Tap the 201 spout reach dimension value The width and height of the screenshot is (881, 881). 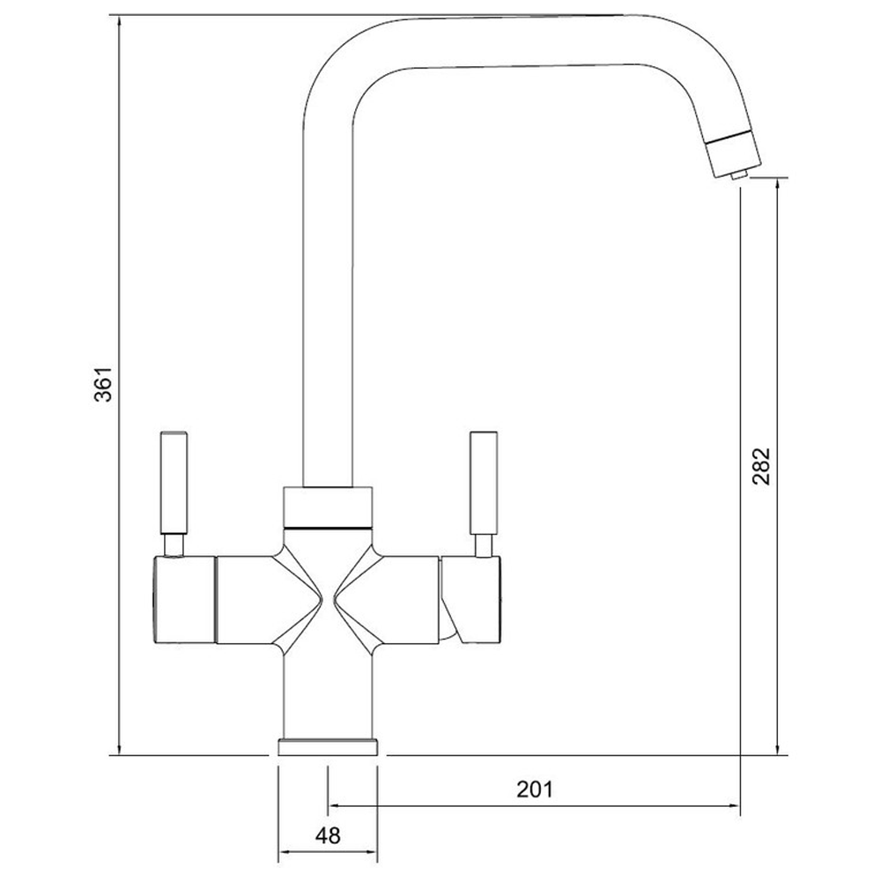(x=534, y=788)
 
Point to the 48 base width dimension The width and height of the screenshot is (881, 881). (x=328, y=833)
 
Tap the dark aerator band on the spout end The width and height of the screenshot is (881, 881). (x=730, y=139)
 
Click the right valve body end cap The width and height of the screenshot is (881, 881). (x=476, y=599)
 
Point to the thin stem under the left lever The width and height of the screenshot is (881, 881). (x=173, y=545)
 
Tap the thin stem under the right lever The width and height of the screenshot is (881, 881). (x=484, y=545)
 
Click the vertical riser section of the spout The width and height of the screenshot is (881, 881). (x=327, y=308)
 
